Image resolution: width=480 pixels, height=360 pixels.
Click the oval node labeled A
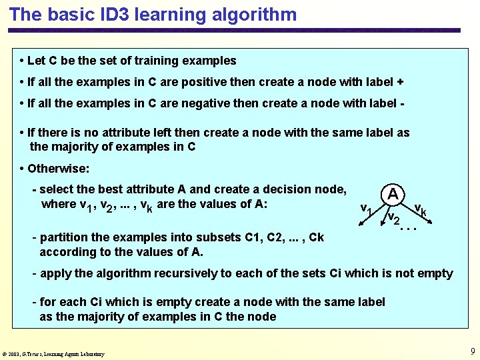[393, 194]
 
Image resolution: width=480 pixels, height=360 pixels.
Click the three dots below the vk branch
[408, 229]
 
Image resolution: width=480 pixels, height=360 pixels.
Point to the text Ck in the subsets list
[316, 237]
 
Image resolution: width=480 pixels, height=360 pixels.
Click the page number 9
[472, 351]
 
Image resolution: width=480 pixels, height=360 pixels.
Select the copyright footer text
[53, 354]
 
